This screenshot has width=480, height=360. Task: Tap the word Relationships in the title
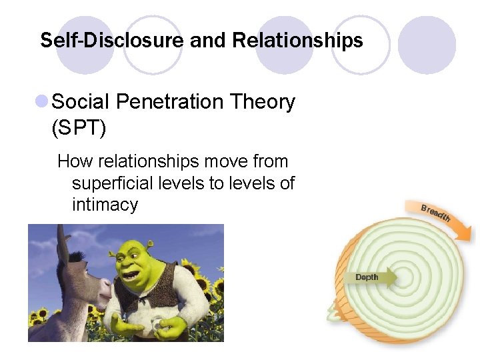point(297,41)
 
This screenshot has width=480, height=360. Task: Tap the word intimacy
point(105,204)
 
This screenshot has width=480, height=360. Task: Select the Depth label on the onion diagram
point(367,277)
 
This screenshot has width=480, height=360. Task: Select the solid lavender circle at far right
point(427,45)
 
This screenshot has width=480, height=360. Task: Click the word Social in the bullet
point(80,102)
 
